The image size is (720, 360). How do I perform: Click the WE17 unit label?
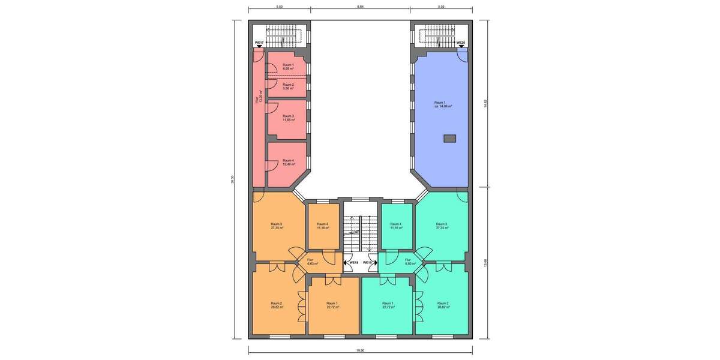click(259, 43)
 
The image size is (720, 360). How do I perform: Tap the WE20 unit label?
click(461, 43)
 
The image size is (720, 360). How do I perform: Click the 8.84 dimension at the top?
click(360, 7)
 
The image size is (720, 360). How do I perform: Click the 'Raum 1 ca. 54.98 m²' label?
click(443, 104)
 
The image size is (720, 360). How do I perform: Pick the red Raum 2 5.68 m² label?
click(288, 86)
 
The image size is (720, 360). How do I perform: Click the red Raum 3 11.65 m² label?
click(288, 118)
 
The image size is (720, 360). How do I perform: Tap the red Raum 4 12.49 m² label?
click(288, 162)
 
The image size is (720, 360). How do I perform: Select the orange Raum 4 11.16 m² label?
click(323, 226)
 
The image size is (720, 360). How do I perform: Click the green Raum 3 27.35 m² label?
click(442, 226)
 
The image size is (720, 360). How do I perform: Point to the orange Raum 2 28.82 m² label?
click(277, 304)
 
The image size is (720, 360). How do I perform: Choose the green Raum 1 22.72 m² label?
click(388, 304)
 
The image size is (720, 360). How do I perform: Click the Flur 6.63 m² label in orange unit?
click(312, 262)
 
